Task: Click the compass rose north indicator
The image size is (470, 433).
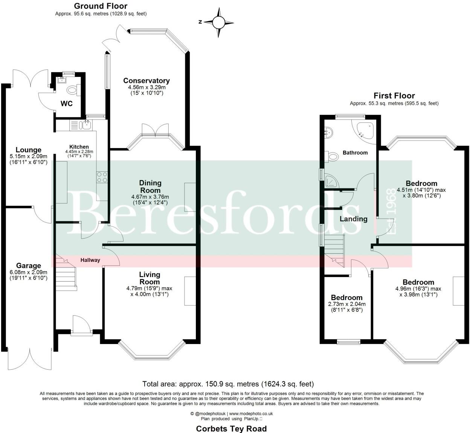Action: pyautogui.click(x=218, y=22)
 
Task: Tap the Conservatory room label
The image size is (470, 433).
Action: pyautogui.click(x=146, y=81)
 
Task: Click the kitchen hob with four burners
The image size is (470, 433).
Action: pyautogui.click(x=102, y=177)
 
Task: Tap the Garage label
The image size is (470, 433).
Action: pyautogui.click(x=28, y=265)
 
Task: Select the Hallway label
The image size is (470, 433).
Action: pyautogui.click(x=90, y=260)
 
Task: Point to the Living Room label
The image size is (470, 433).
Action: pyautogui.click(x=150, y=278)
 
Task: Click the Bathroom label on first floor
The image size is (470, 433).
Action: pyautogui.click(x=355, y=153)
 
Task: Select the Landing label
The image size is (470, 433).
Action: pyautogui.click(x=353, y=219)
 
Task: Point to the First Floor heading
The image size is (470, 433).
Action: pyautogui.click(x=394, y=96)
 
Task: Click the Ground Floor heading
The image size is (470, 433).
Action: pyautogui.click(x=101, y=6)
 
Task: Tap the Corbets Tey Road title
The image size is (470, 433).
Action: pyautogui.click(x=231, y=428)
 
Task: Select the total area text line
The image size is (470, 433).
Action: pyautogui.click(x=228, y=384)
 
